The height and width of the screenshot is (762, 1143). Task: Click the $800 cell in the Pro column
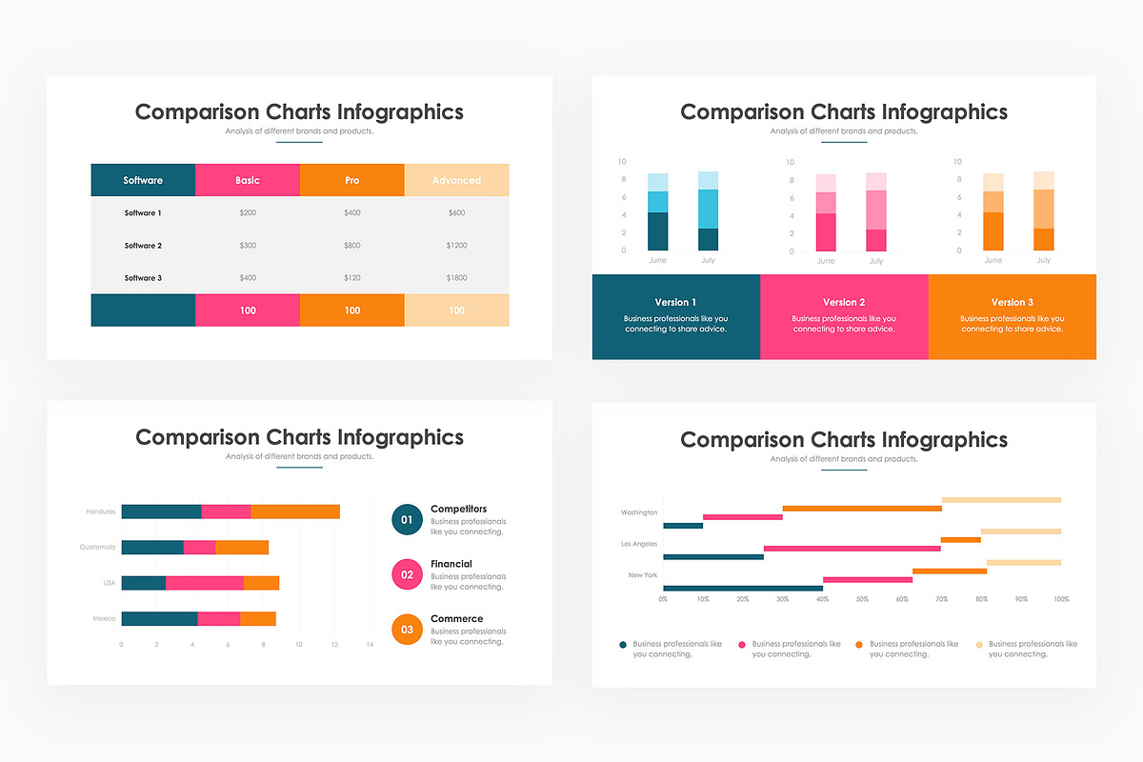click(352, 246)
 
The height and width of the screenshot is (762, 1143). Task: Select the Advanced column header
click(456, 180)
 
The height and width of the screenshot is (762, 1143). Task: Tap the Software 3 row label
click(143, 278)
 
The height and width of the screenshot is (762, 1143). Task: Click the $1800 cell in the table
click(456, 278)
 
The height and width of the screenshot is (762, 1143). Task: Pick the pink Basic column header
click(248, 180)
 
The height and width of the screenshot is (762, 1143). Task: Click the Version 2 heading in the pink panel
click(844, 302)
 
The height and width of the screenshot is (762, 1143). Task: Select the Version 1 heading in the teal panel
click(675, 302)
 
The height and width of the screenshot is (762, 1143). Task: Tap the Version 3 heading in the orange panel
click(1012, 302)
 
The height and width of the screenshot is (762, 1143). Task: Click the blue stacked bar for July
click(708, 211)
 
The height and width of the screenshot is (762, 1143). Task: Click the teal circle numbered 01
click(407, 519)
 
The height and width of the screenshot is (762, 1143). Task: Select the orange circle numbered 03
click(407, 630)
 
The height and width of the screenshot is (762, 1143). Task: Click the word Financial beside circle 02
click(451, 564)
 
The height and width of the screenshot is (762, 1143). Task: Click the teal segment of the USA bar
click(143, 583)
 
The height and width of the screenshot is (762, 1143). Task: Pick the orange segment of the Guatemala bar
click(242, 547)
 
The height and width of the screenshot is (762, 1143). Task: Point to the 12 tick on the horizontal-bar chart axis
click(334, 645)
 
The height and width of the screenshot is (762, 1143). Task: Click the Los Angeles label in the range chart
click(638, 544)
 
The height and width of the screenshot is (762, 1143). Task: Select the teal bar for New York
click(742, 589)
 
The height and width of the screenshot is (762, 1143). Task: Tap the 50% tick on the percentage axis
click(862, 600)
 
